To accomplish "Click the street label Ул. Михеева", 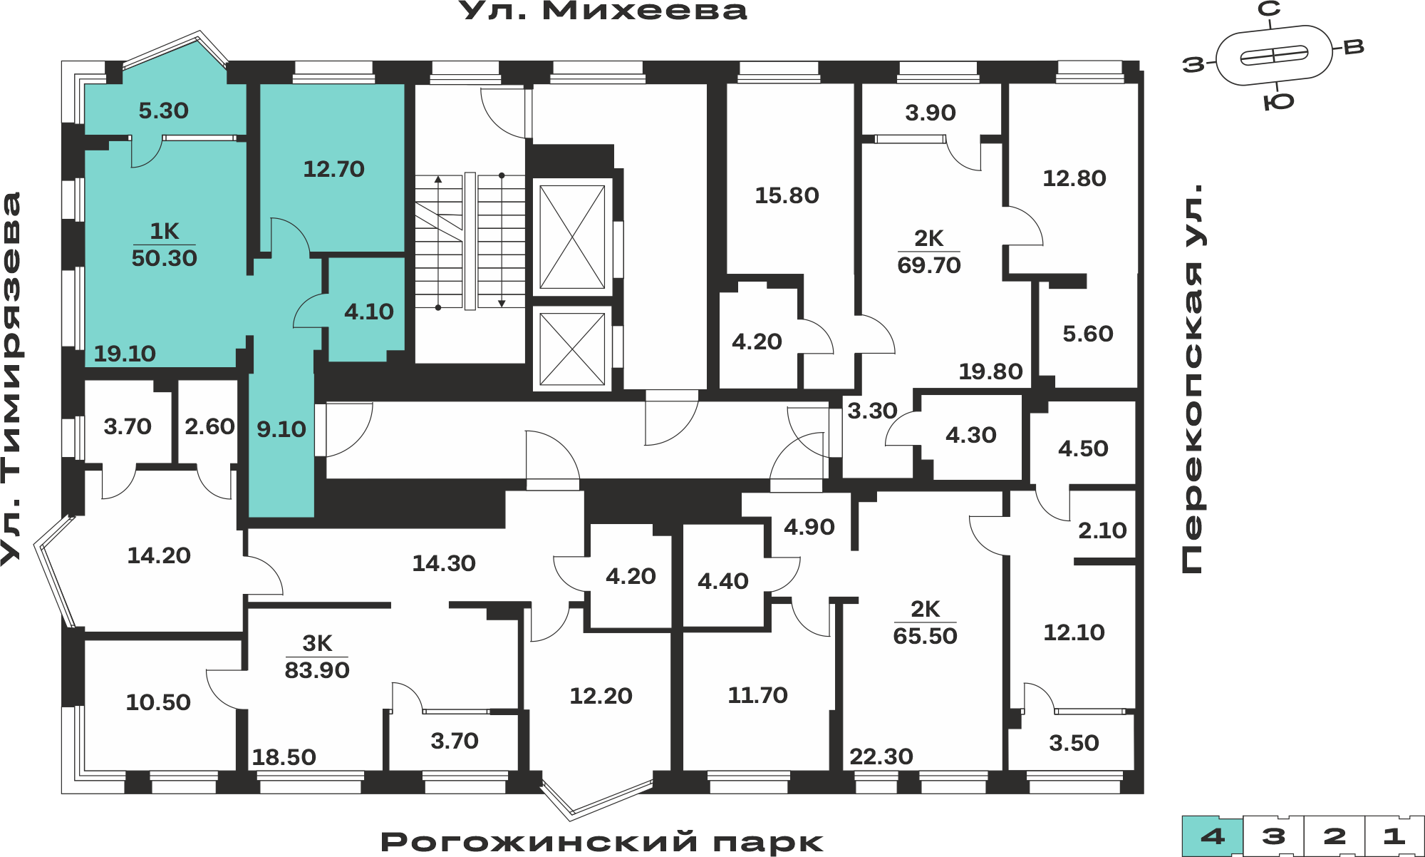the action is tap(603, 11).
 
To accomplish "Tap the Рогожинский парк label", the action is tap(602, 842).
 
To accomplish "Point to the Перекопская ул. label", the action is tap(1192, 378).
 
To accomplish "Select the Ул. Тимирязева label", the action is tap(11, 379).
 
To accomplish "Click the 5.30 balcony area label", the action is tap(163, 111).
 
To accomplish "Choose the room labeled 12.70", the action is tap(333, 169).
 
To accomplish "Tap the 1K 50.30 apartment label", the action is tap(164, 245).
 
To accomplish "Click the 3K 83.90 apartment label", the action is tap(317, 657).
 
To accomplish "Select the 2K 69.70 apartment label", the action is tap(929, 252).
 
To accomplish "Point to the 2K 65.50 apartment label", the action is tap(925, 622).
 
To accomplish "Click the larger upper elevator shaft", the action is tap(572, 237).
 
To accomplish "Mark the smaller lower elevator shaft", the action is tap(572, 349).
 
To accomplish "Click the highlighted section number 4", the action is tap(1213, 836).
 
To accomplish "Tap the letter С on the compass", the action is tap(1269, 9).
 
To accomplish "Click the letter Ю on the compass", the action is tap(1278, 102).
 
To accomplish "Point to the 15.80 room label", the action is tap(787, 195).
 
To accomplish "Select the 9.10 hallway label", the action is tap(281, 429).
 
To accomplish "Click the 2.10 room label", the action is tap(1102, 530).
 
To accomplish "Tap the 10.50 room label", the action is tap(158, 702).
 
